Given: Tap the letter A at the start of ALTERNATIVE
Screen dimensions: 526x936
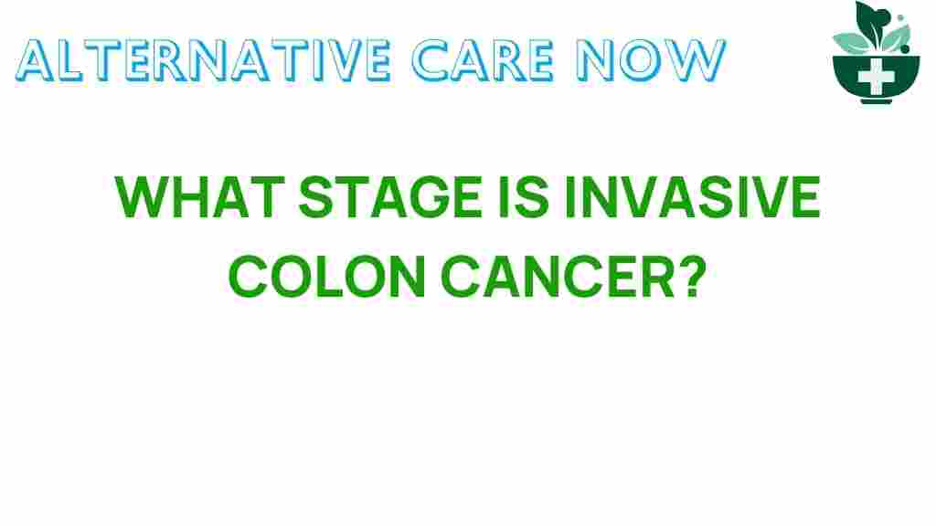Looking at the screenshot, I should coord(37,60).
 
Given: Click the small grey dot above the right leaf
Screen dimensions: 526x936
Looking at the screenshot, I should coord(900,18).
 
